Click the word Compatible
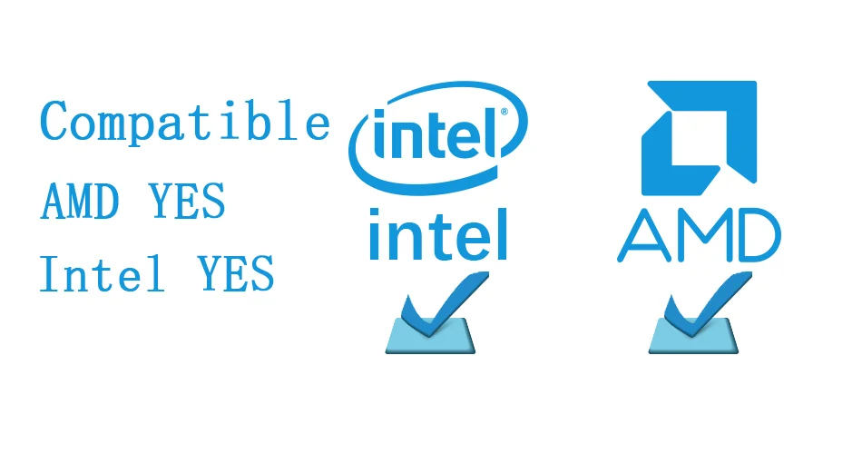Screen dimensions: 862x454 [185, 123]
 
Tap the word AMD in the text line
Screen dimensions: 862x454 [80, 202]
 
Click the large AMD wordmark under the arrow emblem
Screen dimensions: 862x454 [699, 236]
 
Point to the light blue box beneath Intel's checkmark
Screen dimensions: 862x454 [429, 338]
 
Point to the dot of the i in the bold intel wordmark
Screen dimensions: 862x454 [374, 211]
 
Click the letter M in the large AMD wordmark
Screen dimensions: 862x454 [698, 236]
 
